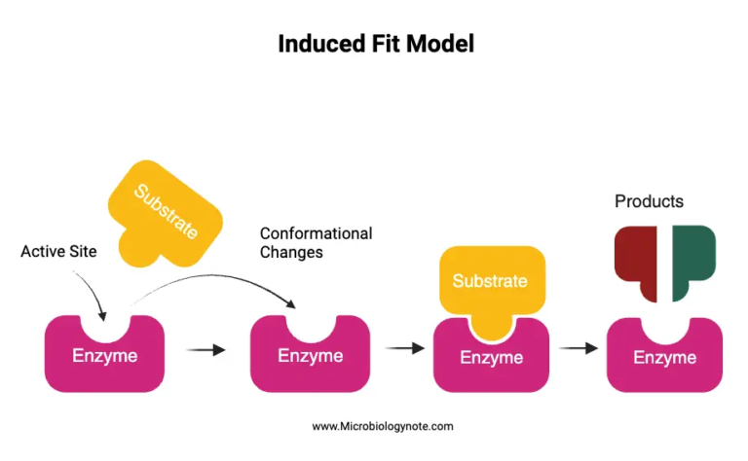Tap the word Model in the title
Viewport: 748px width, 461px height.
click(444, 44)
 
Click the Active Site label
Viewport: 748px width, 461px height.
click(58, 252)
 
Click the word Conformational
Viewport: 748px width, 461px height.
click(316, 233)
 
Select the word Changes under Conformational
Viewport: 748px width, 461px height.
click(291, 252)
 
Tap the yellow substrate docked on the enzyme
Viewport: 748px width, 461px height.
click(490, 283)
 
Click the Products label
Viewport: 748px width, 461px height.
click(649, 201)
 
